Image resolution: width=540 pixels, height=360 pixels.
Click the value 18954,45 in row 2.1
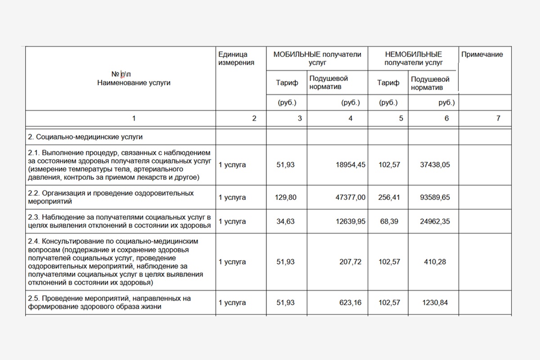pos(351,165)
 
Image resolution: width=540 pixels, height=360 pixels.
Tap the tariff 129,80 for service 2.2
pos(286,197)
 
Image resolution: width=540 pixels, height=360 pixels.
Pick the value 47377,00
pos(351,197)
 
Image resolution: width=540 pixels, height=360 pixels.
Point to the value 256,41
pos(389,197)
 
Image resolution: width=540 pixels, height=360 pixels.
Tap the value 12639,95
pos(351,221)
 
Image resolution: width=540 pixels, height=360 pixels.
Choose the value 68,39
pos(389,221)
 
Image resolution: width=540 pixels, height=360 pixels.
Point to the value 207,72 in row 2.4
pos(351,262)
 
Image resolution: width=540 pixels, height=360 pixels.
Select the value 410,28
pos(435,262)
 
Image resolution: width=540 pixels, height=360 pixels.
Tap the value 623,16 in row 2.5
pos(351,302)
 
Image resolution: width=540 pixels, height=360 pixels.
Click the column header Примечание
pos(482,54)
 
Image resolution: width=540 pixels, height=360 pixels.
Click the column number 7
pos(498,118)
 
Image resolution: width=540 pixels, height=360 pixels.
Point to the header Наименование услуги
pos(134,83)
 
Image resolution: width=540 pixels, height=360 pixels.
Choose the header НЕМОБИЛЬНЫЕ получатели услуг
pos(413,58)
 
